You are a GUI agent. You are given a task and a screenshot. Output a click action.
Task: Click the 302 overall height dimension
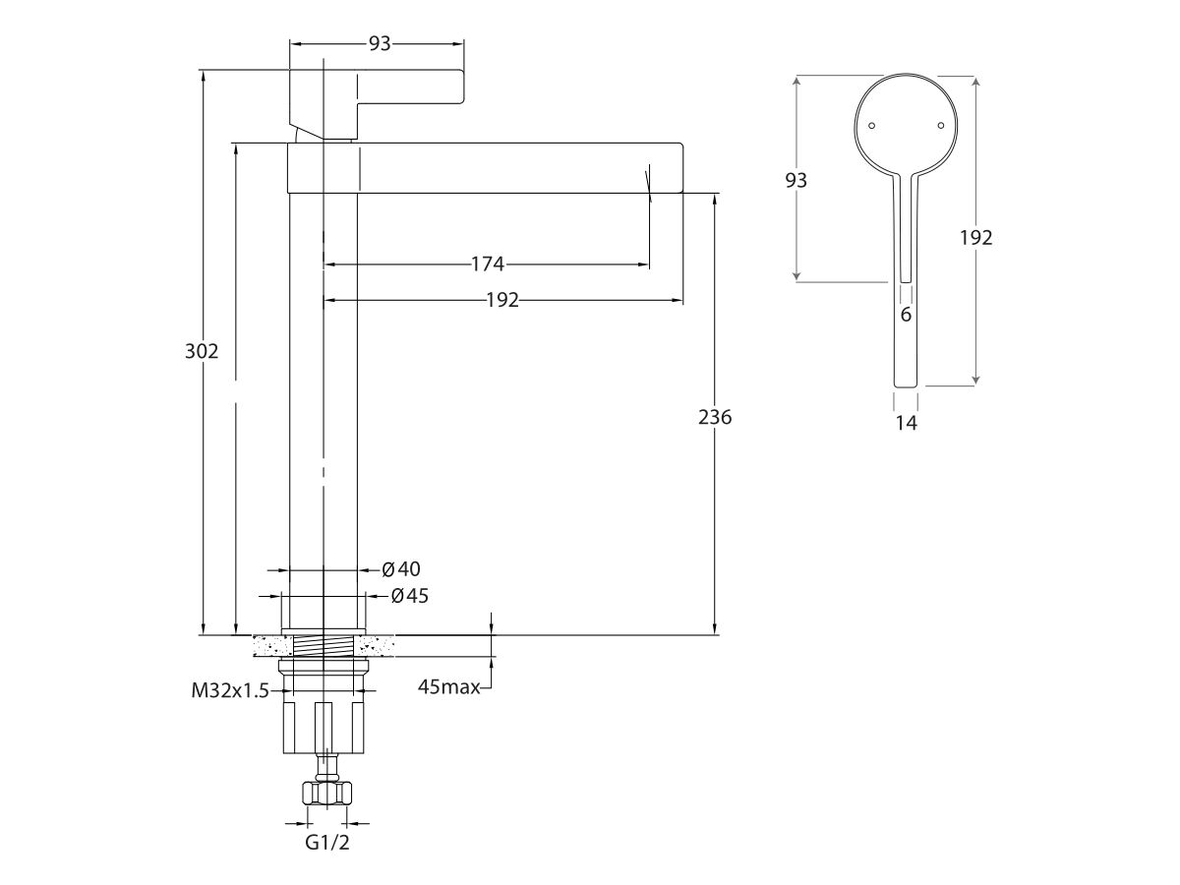tap(202, 351)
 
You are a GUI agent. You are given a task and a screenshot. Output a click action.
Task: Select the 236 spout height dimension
tap(715, 417)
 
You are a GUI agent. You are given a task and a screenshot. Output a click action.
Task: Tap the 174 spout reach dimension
tap(488, 264)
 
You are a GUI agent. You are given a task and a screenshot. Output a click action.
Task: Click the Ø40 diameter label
tap(401, 569)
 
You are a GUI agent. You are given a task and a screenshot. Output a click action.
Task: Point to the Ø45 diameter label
tap(410, 596)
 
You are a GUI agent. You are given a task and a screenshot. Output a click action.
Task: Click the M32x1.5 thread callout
tap(230, 690)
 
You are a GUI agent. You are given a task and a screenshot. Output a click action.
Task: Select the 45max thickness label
tap(448, 686)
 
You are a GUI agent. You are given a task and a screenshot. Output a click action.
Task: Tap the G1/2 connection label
tap(327, 843)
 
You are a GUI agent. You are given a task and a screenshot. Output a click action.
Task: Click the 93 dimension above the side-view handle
tap(380, 43)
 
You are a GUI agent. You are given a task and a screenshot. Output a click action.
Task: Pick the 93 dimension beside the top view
tap(796, 180)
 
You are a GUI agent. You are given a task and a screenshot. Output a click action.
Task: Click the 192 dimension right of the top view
tap(976, 238)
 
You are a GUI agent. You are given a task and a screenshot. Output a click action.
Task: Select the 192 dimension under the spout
tap(502, 300)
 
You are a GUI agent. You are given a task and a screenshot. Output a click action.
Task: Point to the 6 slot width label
tap(906, 315)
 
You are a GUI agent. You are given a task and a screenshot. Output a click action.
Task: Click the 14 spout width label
tap(907, 424)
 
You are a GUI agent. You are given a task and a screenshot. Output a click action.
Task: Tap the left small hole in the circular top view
tap(871, 126)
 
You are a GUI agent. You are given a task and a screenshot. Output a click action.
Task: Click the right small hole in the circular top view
tap(941, 126)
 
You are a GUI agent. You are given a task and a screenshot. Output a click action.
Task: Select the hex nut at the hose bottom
tap(327, 793)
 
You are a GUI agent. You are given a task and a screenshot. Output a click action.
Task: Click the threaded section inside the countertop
tap(324, 646)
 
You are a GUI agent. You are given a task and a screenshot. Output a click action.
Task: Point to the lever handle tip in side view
tap(462, 86)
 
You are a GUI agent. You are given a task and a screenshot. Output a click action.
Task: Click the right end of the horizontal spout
tap(682, 167)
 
